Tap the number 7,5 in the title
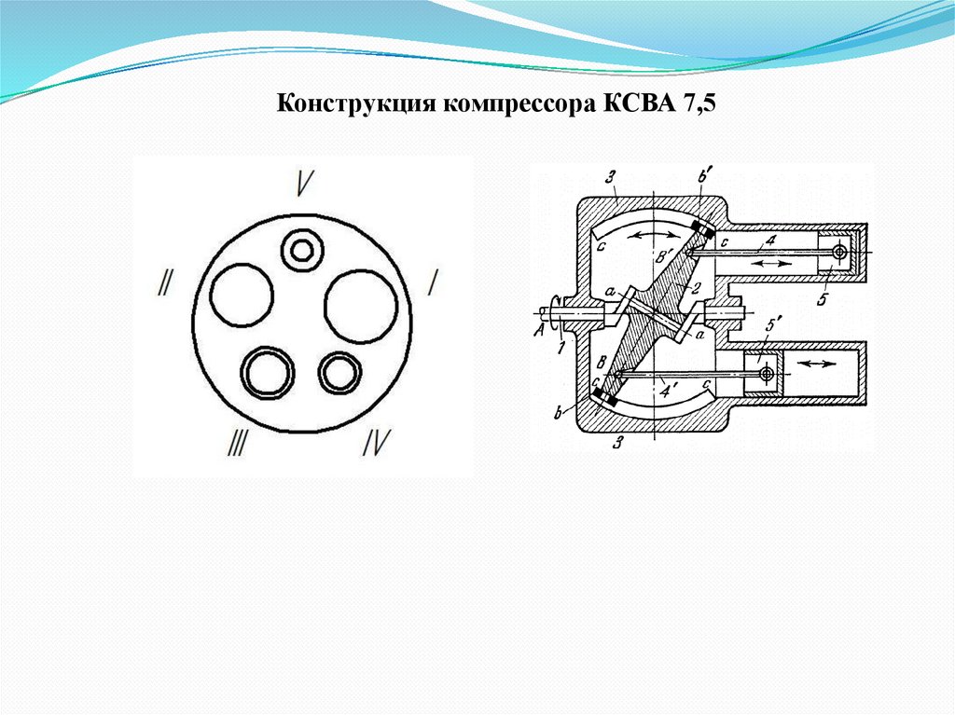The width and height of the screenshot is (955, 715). point(699,104)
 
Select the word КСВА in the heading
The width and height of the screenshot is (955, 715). point(639,103)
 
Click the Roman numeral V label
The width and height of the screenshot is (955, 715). point(303,183)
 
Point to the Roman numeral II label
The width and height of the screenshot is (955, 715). point(164,283)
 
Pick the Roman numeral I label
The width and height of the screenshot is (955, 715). point(433,283)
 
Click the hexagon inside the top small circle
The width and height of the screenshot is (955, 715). point(301,250)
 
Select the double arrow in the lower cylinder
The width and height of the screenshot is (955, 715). point(816,363)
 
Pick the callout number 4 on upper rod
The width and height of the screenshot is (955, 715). point(770,241)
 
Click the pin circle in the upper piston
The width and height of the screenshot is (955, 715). point(840,251)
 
